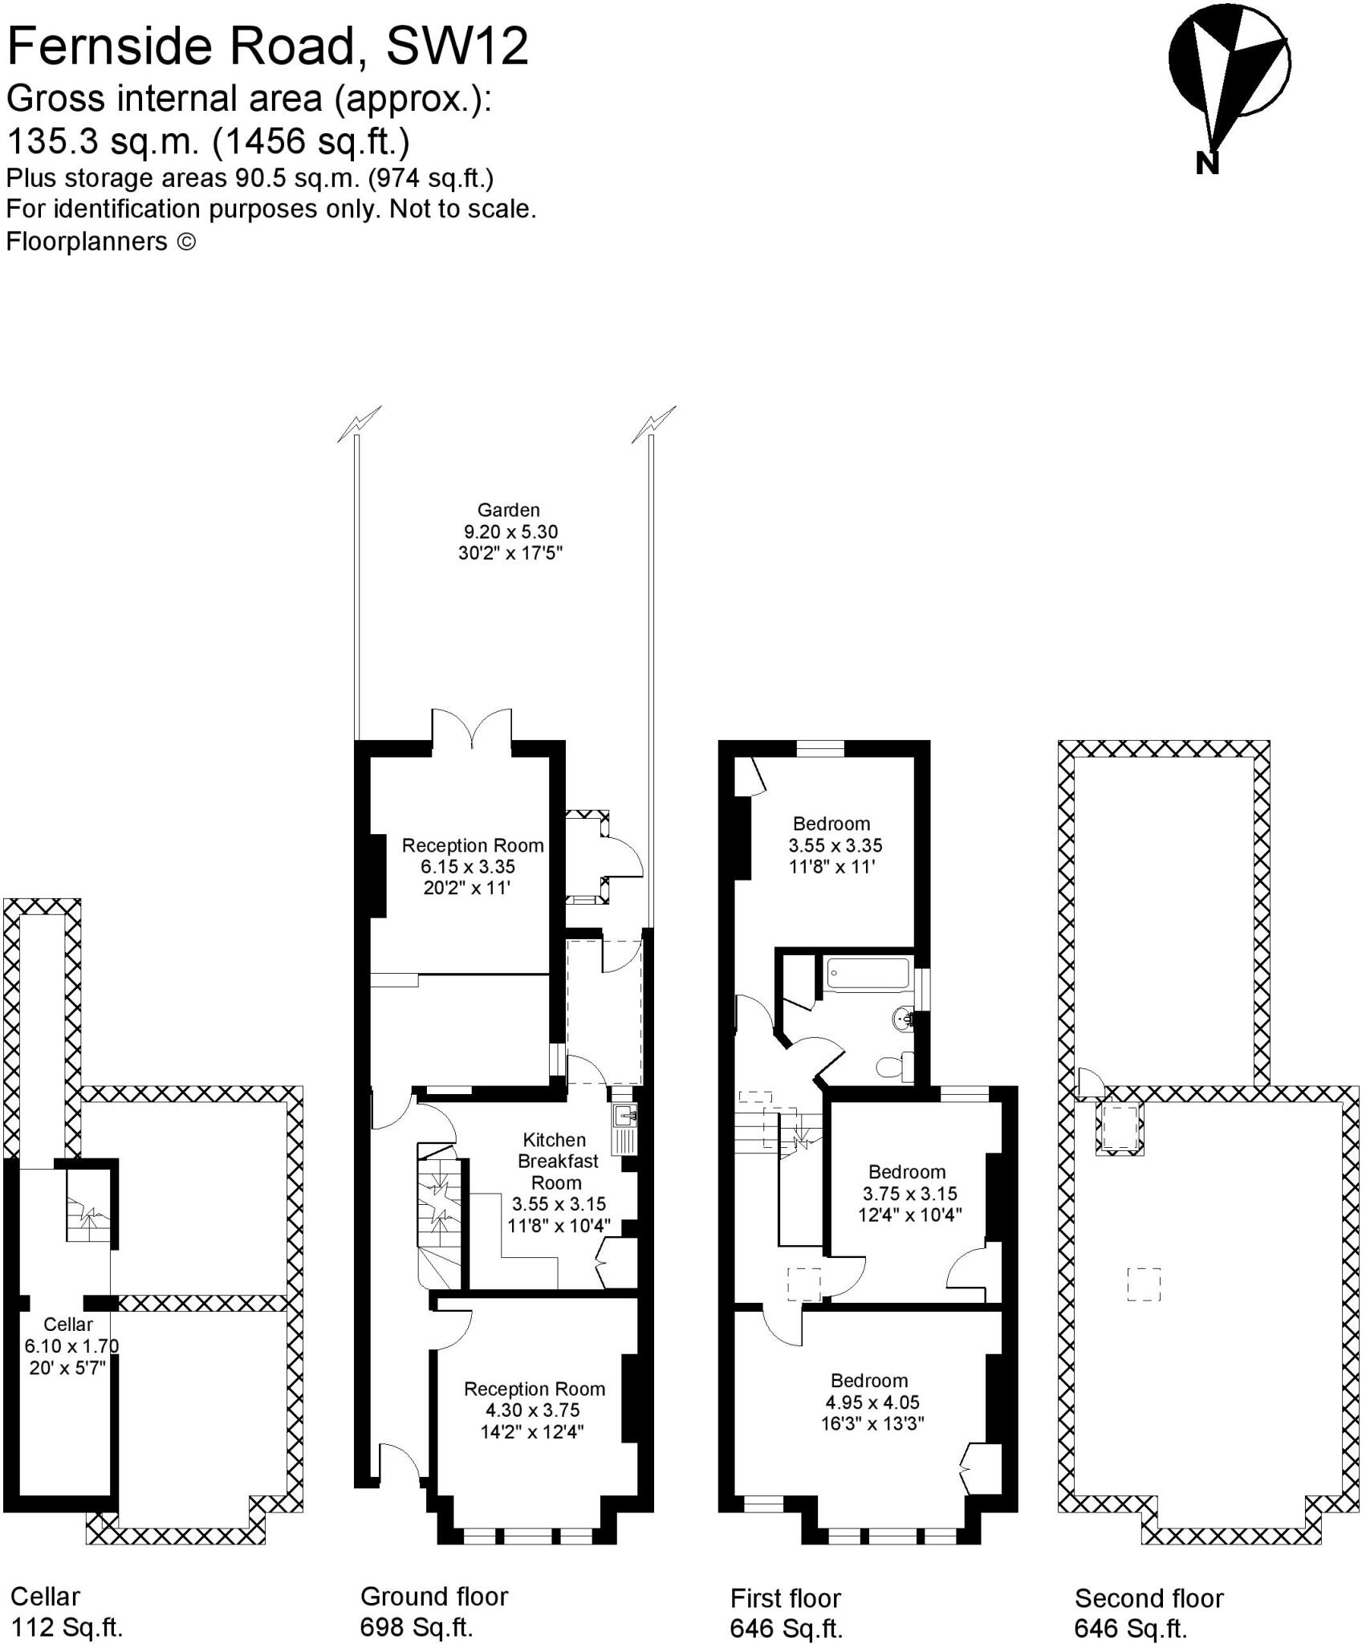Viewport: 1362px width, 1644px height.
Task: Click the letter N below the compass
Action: coord(1206,163)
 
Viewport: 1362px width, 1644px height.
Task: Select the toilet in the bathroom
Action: coord(893,1067)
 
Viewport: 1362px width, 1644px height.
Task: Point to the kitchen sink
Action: coord(624,1116)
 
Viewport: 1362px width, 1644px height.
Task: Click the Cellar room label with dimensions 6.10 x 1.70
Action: coord(68,1345)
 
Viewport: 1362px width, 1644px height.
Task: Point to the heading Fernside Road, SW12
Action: coord(267,46)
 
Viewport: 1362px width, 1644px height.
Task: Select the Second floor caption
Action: coord(1149,1598)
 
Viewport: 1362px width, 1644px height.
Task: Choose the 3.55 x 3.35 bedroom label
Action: coord(835,845)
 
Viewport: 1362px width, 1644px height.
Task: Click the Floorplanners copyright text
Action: coord(100,242)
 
